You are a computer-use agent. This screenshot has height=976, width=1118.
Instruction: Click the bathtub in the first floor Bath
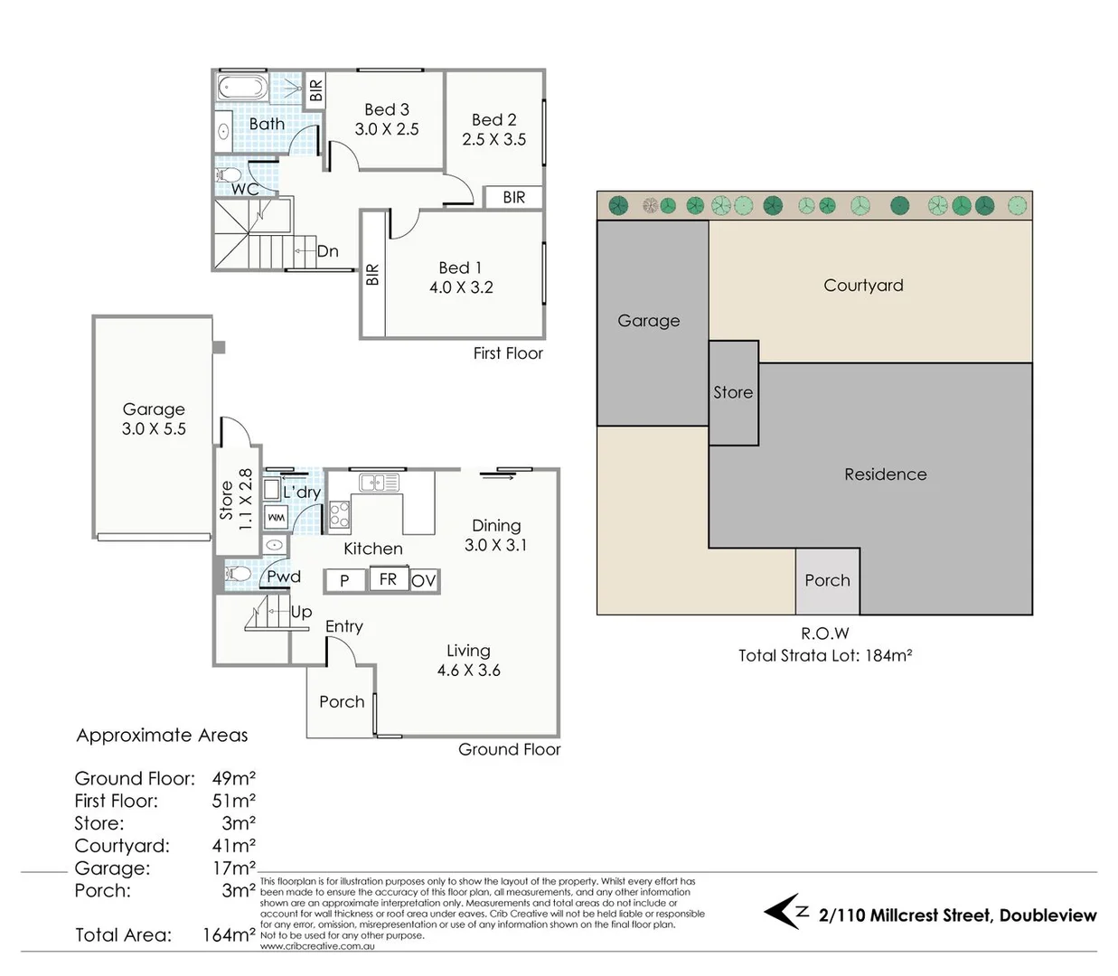(x=242, y=89)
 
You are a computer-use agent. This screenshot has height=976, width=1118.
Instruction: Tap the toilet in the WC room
(x=229, y=174)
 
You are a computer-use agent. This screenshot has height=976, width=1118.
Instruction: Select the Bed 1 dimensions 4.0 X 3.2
(x=461, y=287)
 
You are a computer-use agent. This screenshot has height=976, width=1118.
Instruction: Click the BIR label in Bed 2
(x=513, y=197)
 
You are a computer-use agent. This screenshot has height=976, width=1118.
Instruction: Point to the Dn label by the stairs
(x=327, y=251)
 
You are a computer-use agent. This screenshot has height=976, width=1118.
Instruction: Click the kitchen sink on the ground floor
(x=379, y=483)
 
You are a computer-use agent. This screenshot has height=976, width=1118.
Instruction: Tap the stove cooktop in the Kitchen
(x=339, y=514)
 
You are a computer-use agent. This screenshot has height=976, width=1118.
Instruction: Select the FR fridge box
(x=388, y=579)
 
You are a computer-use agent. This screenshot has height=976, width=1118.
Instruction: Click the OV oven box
(x=423, y=580)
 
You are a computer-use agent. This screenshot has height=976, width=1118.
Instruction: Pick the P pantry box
(x=344, y=580)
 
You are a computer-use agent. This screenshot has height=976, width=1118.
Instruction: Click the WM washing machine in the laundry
(x=275, y=517)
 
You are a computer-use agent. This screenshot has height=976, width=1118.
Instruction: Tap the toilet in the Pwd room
(x=239, y=573)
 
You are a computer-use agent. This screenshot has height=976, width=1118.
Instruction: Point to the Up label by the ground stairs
(x=301, y=612)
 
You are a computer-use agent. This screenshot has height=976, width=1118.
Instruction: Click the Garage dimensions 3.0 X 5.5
(x=154, y=429)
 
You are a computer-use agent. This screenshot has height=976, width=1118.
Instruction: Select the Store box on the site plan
(x=733, y=392)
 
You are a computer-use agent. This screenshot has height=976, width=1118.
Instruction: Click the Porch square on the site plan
(x=827, y=581)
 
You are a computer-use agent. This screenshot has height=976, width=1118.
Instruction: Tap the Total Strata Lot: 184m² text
(x=824, y=656)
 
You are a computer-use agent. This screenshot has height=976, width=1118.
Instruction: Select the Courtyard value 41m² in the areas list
(x=233, y=846)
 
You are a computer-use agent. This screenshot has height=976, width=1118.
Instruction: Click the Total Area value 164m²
(x=228, y=935)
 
